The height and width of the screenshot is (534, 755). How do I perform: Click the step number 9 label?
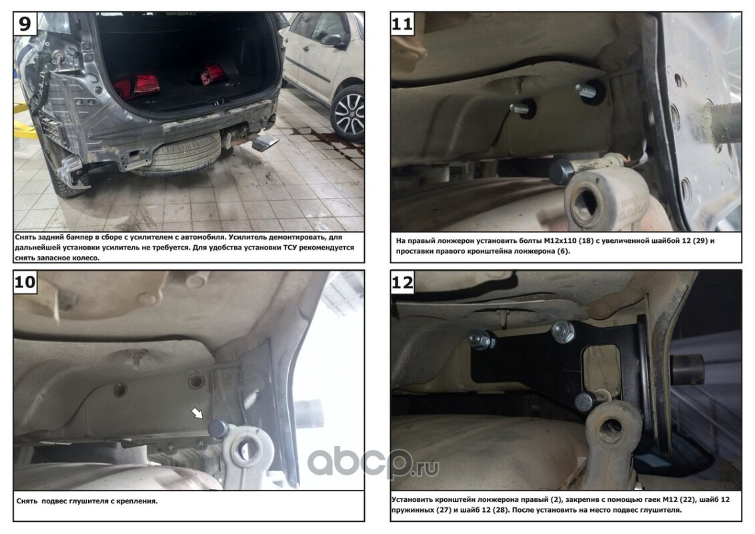point(25,23)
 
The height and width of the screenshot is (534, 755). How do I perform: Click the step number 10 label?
point(25,282)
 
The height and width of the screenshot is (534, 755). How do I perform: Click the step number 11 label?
point(402,23)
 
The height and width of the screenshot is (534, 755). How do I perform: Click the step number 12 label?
point(402,282)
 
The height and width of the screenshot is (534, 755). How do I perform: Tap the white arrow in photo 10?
point(197,413)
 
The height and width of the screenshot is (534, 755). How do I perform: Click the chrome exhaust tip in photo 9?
point(264,143)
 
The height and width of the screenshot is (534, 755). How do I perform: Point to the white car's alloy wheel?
point(347,113)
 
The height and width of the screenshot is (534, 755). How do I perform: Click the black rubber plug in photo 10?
point(217,429)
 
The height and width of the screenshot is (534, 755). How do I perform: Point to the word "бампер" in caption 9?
point(73,237)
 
